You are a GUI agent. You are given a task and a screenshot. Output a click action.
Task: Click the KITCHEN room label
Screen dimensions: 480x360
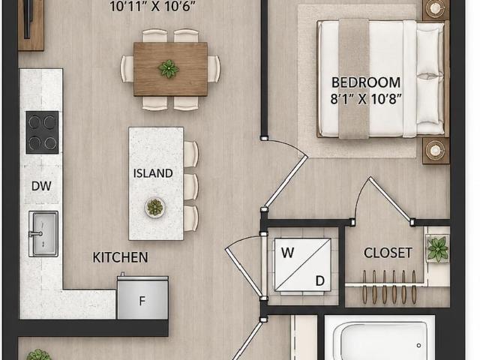(120, 257)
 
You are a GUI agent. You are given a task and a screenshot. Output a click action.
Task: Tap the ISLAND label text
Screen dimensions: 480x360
(153, 173)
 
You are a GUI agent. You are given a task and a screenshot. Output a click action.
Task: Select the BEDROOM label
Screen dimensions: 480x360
(366, 82)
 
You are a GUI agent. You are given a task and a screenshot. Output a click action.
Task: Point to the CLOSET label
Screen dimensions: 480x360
(388, 253)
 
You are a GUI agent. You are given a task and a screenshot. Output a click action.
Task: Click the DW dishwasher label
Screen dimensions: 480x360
(41, 186)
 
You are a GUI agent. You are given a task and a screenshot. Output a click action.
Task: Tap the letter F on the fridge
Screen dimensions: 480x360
(142, 301)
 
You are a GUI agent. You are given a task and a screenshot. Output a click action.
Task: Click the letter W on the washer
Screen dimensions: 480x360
(288, 253)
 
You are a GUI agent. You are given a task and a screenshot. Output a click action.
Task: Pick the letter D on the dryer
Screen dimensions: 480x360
(320, 280)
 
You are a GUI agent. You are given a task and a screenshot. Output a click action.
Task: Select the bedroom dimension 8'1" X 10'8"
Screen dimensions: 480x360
(366, 99)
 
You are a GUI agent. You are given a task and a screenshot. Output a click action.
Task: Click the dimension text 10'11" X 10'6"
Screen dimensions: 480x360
(152, 6)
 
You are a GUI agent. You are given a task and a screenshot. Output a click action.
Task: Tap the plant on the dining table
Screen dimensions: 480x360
(169, 68)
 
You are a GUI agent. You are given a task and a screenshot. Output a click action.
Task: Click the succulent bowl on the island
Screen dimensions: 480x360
(155, 208)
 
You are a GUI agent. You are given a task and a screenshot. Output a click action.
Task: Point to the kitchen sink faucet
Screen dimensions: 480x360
(36, 234)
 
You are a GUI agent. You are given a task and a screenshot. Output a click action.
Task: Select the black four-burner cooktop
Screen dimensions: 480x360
(42, 132)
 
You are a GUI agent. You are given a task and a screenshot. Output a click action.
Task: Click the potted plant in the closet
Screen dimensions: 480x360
(438, 249)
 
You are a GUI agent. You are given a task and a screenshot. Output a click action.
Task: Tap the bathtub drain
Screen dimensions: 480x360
(418, 346)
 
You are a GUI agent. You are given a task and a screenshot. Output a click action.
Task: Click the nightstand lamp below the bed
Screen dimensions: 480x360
(435, 150)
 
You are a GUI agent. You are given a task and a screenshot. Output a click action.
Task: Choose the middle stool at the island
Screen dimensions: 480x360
(191, 187)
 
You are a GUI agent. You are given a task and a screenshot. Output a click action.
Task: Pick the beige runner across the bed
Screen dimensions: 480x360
(353, 79)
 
